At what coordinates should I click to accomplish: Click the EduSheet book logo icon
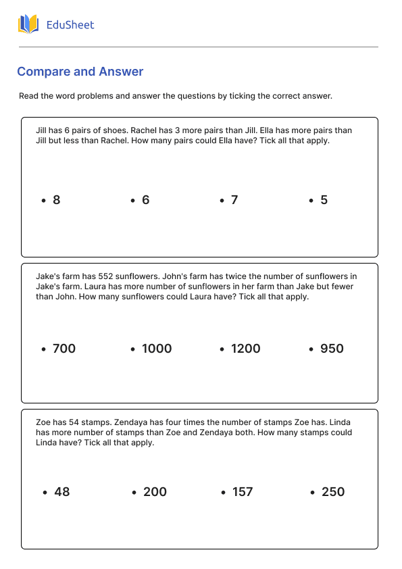pos(28,25)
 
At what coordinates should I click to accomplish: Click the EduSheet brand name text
pos(70,25)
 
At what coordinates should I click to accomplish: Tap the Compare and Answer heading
pos(80,72)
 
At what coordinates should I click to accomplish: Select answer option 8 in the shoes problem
pos(56,200)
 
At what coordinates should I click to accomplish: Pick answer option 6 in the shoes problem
pos(145,200)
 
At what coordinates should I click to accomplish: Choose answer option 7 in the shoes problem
pos(234,200)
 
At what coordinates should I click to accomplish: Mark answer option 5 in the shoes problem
pos(324,200)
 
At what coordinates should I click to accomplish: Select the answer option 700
pos(64,349)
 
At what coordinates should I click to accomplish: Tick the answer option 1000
pos(157,349)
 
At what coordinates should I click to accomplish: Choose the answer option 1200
pos(245,349)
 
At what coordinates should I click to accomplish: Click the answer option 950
pos(332,349)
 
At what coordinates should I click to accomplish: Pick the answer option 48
pos(61,492)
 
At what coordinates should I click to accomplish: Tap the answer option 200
pos(155,492)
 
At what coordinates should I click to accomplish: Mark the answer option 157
pos(242,492)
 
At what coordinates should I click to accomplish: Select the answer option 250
pos(333,492)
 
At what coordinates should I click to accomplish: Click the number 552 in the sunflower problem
pos(90,276)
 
